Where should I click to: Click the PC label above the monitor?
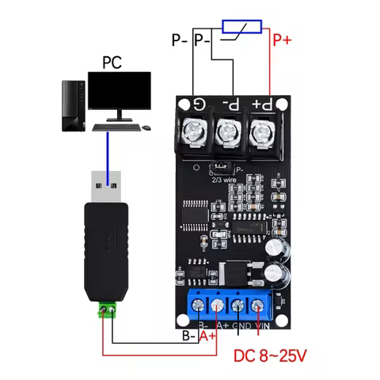coord(112,62)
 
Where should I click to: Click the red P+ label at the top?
coord(283,38)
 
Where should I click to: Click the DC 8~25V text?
coord(271,355)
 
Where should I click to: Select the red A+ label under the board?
coord(208,336)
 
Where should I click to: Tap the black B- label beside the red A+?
coord(188,336)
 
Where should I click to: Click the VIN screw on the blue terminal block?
coord(258,307)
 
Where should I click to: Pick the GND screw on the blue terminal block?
coord(237,307)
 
